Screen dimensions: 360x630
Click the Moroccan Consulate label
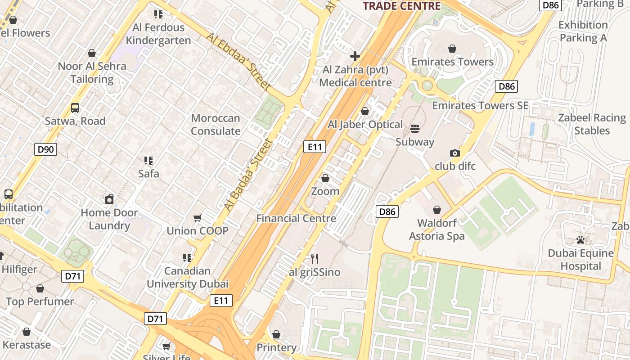pos(216,125)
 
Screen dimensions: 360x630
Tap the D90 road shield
pos(46,149)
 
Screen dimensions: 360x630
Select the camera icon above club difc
pos(455,153)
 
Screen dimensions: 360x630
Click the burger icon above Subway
pos(415,129)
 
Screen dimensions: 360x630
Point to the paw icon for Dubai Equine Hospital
pos(580,240)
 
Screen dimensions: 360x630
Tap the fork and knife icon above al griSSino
pos(315,258)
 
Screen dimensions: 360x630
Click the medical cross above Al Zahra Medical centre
pos(355,56)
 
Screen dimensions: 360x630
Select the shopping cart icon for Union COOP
pos(197,218)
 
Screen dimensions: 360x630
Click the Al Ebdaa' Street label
pos(239,62)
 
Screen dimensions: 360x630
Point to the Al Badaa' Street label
pos(248,175)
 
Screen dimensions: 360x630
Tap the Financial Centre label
pos(296,218)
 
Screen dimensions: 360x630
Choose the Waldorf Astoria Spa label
pos(436,229)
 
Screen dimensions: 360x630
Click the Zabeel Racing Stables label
pos(592,124)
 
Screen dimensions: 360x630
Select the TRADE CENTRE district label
pos(401,6)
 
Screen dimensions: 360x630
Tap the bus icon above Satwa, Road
pos(75,108)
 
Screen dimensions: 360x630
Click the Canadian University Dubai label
pos(187,277)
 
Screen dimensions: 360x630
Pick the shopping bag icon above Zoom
pos(325,179)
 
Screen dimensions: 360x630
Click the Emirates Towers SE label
pos(480,105)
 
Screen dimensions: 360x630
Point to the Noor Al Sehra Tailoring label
pos(92,72)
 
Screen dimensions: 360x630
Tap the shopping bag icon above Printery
pos(276,334)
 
